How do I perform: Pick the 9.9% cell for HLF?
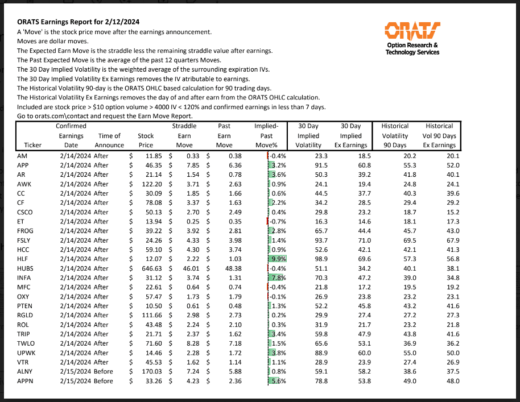pos(277,259)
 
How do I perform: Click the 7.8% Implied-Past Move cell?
pos(276,277)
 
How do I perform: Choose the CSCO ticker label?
pos(26,212)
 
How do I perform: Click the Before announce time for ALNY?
pos(103,371)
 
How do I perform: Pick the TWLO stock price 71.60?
pos(148,343)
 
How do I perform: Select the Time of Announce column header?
pos(109,140)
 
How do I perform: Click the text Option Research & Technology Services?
pos(412,48)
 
